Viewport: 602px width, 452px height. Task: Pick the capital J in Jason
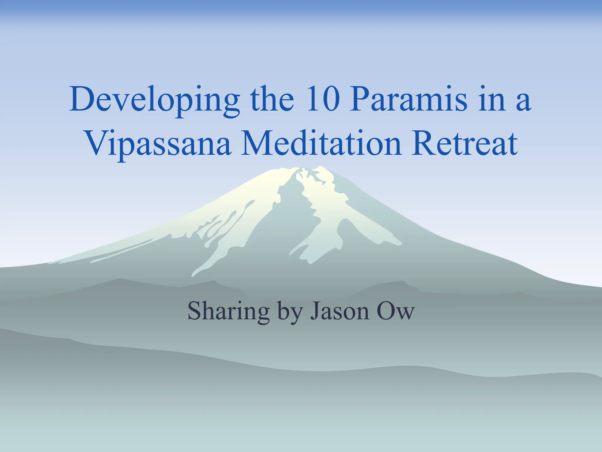point(315,311)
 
